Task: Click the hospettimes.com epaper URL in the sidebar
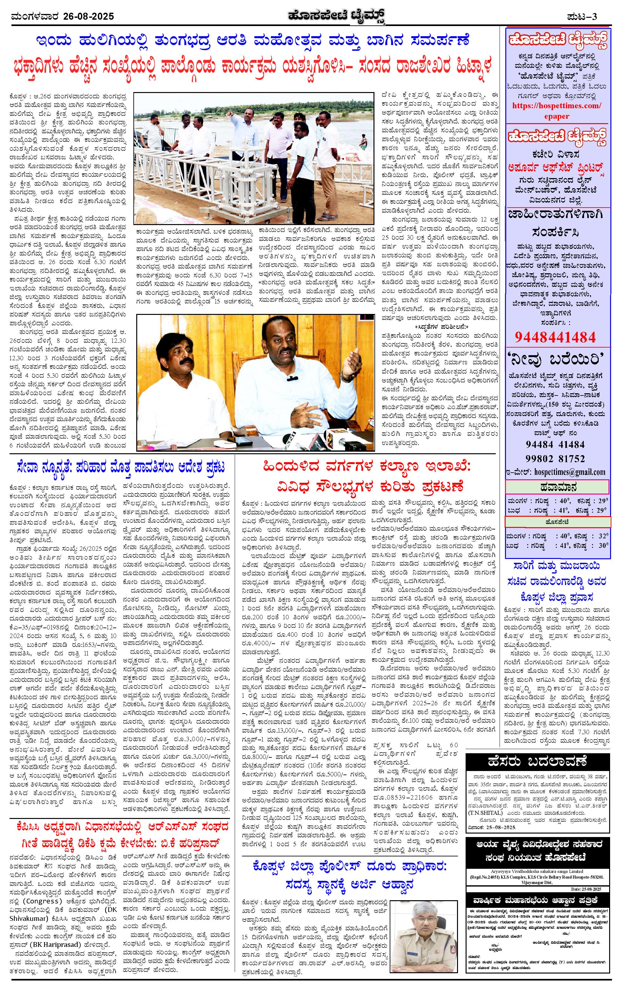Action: point(557,110)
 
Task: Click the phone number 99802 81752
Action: point(555,458)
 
